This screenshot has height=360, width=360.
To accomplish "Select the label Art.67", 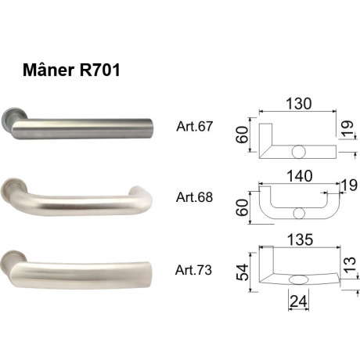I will [195, 128].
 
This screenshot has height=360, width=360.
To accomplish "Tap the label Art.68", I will [195, 197].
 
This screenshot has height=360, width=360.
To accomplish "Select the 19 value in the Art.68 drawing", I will [348, 185].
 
